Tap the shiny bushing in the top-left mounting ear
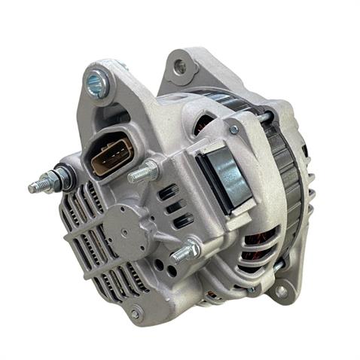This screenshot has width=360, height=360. coord(98,84)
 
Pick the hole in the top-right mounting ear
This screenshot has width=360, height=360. coord(180,67)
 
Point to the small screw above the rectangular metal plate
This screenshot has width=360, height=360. coord(234,130)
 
